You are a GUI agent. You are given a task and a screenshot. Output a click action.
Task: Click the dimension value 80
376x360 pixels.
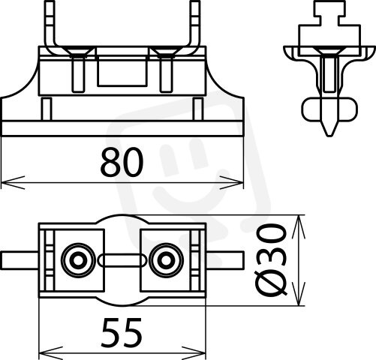[x=122, y=162]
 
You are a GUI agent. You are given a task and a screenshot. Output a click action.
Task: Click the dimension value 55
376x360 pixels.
[x=122, y=332]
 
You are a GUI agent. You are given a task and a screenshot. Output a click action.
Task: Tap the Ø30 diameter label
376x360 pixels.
[x=272, y=260]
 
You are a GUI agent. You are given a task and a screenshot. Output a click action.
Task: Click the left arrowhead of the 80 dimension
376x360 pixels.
[x=13, y=182]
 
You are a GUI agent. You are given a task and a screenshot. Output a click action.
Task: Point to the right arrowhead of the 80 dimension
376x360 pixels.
[x=231, y=182]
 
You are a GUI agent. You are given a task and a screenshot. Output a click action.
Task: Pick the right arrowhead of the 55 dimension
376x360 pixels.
[x=194, y=353]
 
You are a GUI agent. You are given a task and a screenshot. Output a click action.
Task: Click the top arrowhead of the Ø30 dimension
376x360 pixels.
[x=299, y=226]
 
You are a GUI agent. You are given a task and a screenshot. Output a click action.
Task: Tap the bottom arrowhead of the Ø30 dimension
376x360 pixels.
[x=299, y=293]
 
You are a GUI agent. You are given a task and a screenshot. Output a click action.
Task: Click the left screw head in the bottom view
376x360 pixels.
[x=78, y=260]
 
